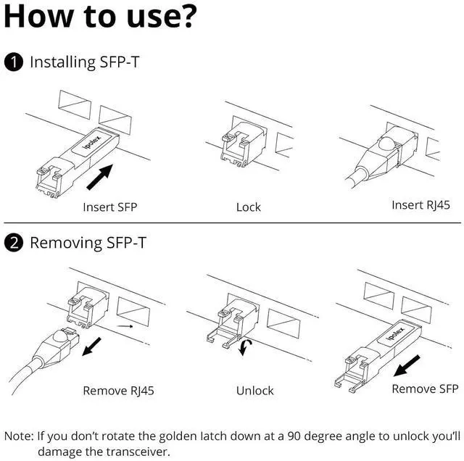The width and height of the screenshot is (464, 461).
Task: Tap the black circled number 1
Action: point(14,62)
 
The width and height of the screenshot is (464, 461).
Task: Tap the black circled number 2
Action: point(14,243)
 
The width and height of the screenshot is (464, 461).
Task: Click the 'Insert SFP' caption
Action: point(109,207)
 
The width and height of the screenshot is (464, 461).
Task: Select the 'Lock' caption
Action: point(248,207)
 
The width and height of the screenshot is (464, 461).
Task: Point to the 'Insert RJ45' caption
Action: point(420,204)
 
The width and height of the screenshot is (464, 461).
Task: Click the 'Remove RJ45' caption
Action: point(118,391)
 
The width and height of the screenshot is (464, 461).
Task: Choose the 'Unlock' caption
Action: point(254,391)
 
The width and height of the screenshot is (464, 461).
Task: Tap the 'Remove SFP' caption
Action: point(425,389)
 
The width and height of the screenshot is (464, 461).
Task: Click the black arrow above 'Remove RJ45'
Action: point(91,346)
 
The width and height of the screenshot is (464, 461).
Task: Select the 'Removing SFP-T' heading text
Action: point(88,243)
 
